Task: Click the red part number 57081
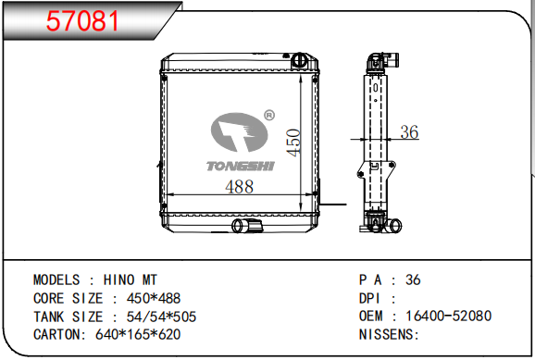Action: click(82, 21)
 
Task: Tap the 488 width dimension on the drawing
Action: click(239, 187)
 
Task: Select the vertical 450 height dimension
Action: click(293, 143)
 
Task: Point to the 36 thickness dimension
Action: click(409, 132)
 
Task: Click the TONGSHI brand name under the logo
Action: click(241, 167)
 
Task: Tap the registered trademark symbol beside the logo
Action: click(269, 116)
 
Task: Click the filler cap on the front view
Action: click(299, 60)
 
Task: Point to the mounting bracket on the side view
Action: click(377, 169)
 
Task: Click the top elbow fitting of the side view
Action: click(382, 62)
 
